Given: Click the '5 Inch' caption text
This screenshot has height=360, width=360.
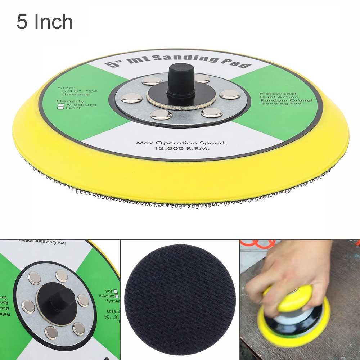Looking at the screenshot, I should coord(45,22).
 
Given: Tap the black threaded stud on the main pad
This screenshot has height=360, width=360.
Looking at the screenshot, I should coord(181,81).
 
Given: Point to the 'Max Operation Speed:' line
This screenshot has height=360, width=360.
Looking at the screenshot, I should coord(181,143).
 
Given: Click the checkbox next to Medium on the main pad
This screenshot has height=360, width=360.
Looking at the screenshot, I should coord(61,105).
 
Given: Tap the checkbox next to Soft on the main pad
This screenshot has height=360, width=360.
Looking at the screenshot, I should coord(61,108).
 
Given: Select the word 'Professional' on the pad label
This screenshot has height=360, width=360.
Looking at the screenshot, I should coord(278,94).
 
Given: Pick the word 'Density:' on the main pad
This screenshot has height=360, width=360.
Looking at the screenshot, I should coord(67,101).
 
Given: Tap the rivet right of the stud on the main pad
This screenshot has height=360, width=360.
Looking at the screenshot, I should coord(230,95).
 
